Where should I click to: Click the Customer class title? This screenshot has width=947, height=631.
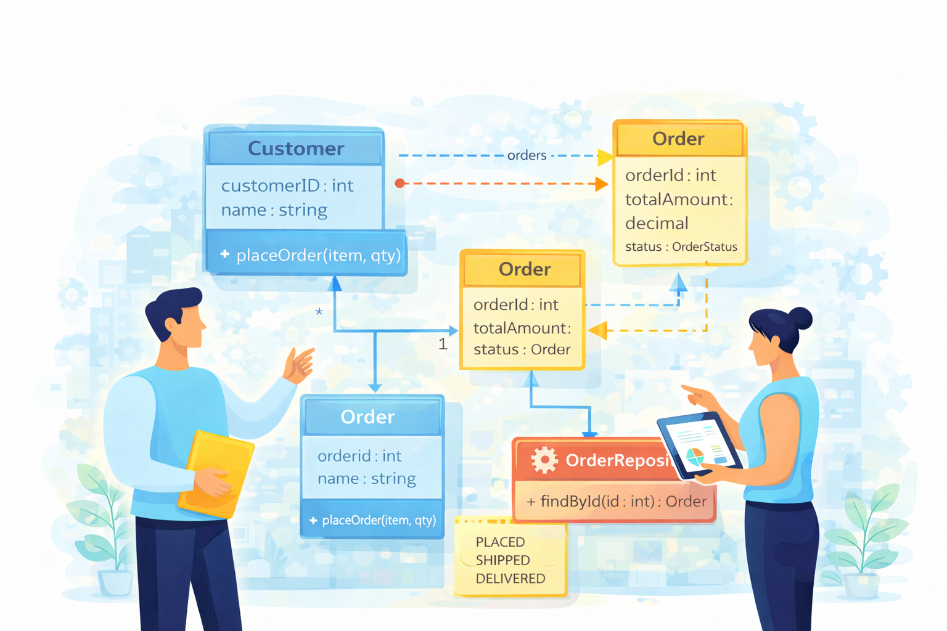point(296,149)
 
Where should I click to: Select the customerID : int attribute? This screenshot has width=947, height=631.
point(287,185)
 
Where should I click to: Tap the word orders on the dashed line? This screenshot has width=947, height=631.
point(527,155)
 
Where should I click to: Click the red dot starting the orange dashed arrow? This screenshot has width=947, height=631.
point(400,183)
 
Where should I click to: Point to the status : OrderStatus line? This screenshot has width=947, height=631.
point(681,246)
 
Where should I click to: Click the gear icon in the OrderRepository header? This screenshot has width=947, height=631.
point(544,460)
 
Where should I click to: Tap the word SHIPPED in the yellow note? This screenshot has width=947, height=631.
point(502,560)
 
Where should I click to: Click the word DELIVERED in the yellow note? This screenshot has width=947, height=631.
point(510,579)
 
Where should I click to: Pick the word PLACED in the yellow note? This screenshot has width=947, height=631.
point(500,542)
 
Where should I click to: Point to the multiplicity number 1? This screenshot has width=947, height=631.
point(443,344)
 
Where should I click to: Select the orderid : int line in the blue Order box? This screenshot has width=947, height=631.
point(359,456)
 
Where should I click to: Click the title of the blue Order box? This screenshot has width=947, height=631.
point(367,417)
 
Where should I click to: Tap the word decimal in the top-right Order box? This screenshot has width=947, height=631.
point(657,223)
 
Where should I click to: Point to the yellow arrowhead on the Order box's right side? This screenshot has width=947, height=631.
point(598,330)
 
